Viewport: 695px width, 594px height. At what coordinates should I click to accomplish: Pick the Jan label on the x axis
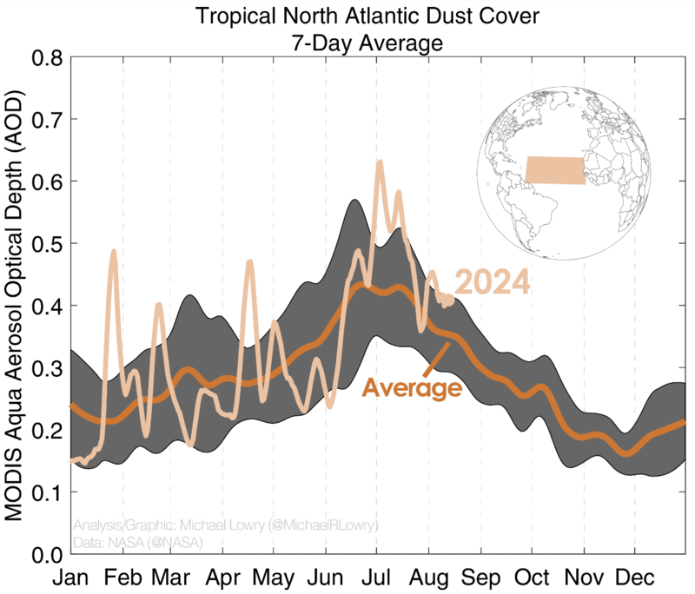pyautogui.click(x=70, y=577)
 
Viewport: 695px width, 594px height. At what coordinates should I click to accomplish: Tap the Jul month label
pyautogui.click(x=376, y=577)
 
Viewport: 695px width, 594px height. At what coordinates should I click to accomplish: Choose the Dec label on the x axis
pyautogui.click(x=635, y=577)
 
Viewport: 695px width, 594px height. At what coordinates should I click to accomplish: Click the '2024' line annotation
pyautogui.click(x=493, y=283)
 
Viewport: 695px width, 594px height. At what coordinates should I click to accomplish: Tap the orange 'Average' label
pyautogui.click(x=411, y=387)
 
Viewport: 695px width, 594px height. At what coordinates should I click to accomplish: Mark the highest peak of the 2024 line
pyautogui.click(x=380, y=162)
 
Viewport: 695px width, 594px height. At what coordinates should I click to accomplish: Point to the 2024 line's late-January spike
pyautogui.click(x=114, y=252)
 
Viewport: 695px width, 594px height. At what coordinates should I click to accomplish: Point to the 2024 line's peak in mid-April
pyautogui.click(x=250, y=261)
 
